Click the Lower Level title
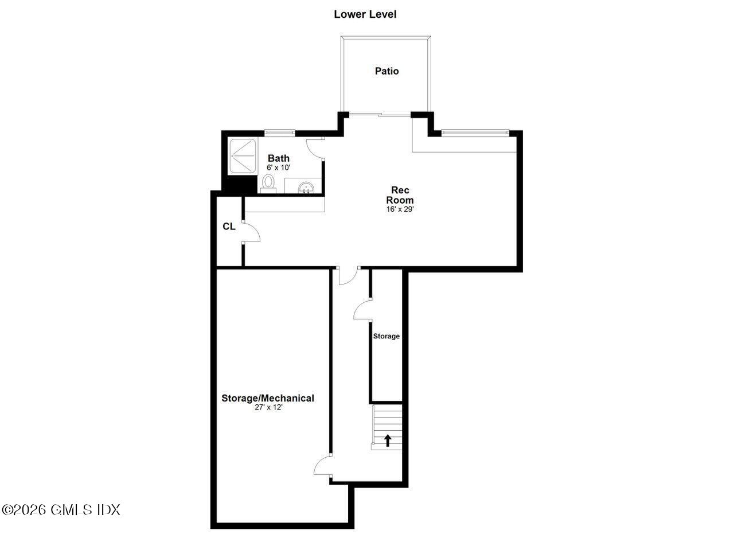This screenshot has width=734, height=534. point(365,14)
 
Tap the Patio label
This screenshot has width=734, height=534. point(386,71)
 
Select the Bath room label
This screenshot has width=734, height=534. point(279,158)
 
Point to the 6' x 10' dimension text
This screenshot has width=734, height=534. point(279,167)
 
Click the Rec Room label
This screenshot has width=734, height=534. point(400,195)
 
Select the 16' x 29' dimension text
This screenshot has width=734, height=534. point(400,209)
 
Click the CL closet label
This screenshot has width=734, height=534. point(229,227)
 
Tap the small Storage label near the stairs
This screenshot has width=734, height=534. point(386,336)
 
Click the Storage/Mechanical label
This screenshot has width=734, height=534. point(268,398)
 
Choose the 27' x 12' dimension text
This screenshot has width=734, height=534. point(268,407)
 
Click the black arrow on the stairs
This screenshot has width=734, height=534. point(388,440)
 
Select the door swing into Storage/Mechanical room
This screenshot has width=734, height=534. point(323,466)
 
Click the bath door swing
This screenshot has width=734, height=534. point(315,148)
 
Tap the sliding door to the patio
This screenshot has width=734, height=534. point(379,115)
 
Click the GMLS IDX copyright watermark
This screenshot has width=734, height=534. point(61,509)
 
